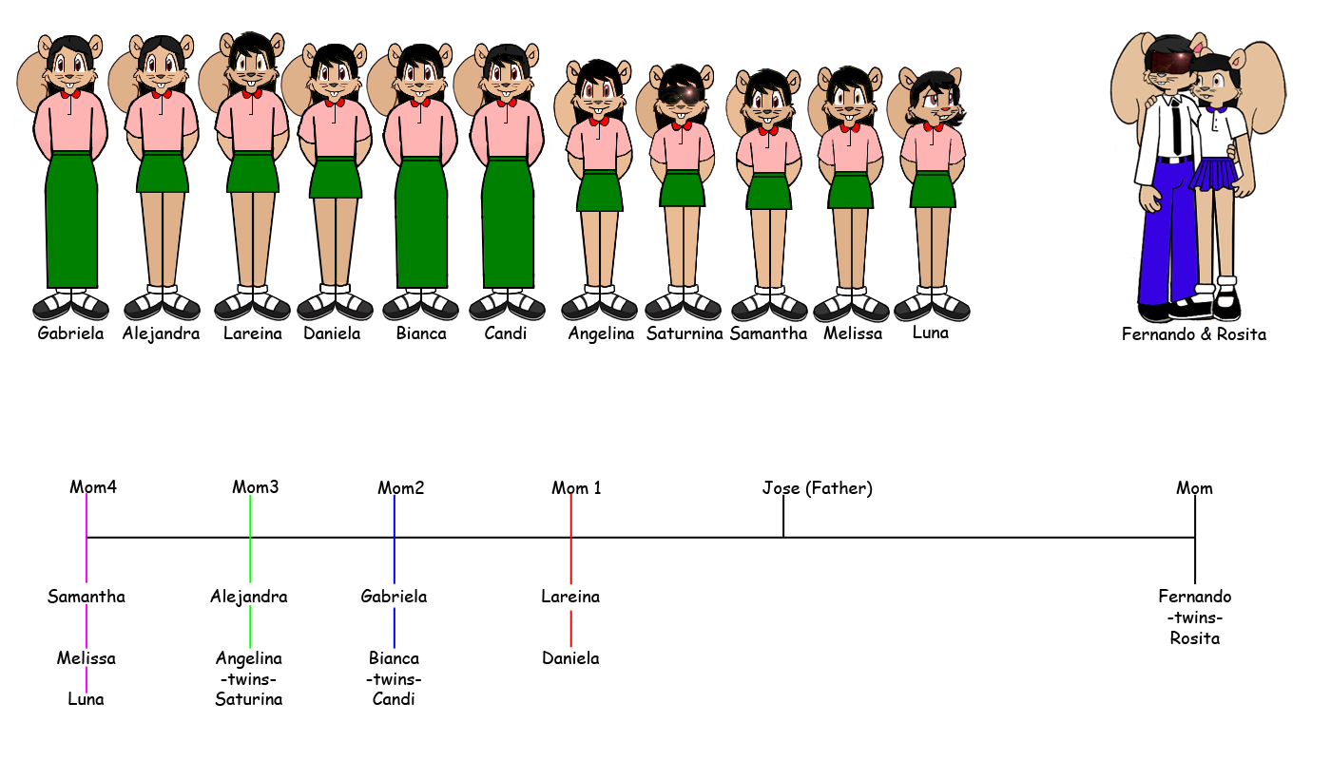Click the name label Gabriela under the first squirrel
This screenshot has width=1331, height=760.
coord(70,333)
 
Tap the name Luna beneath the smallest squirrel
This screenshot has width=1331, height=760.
coord(930,332)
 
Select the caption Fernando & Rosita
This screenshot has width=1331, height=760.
coord(1193,334)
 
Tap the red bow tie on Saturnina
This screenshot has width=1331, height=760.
coord(681,125)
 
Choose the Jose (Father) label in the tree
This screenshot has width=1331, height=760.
coord(817,488)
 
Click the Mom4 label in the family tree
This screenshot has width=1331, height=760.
coord(93,487)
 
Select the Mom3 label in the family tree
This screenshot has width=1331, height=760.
coord(255,487)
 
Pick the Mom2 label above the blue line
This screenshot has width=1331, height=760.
coord(400,488)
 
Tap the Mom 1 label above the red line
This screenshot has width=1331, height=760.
coord(576,488)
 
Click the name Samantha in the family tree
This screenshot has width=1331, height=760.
coord(87,597)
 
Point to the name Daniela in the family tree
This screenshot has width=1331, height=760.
coord(570,657)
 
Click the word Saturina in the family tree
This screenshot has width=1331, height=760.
coord(249,699)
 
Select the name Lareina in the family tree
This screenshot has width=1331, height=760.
coord(570,597)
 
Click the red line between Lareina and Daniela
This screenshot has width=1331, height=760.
coord(570,627)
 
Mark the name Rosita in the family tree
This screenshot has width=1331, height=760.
coord(1194,637)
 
